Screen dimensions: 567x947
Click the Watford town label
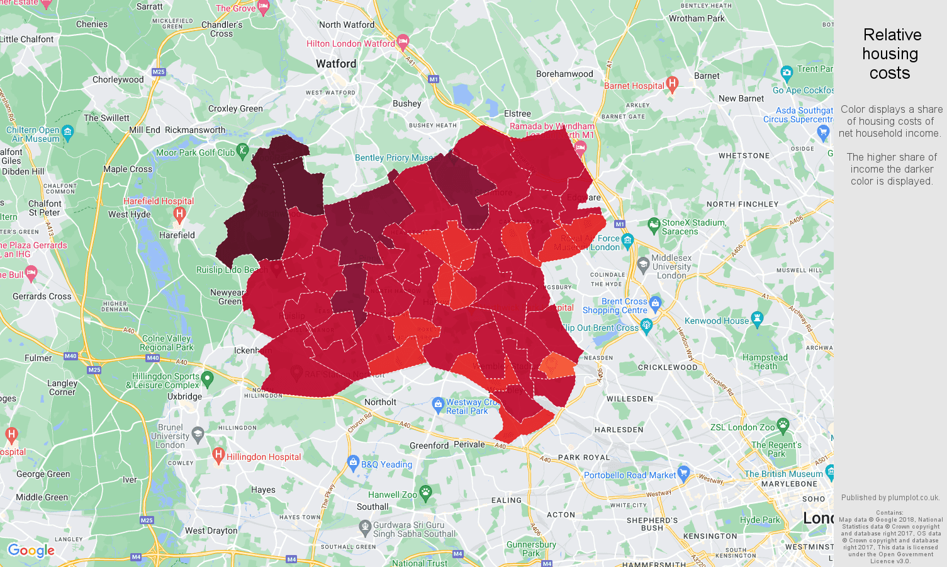(x=336, y=64)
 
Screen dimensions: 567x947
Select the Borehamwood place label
(x=564, y=74)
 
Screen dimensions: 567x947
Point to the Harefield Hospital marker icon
(x=179, y=214)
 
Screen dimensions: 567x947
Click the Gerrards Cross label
(x=42, y=296)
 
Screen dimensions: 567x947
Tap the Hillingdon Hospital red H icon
(x=218, y=454)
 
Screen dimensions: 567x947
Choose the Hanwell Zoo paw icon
(x=426, y=493)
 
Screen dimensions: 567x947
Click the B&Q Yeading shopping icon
(x=353, y=462)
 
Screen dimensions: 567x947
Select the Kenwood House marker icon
(x=757, y=319)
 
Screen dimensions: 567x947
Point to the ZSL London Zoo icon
(x=783, y=425)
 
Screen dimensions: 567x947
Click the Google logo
(x=31, y=550)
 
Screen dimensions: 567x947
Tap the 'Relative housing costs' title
(x=890, y=54)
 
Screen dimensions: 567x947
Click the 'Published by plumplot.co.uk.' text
(x=890, y=497)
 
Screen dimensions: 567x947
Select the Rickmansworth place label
(x=195, y=130)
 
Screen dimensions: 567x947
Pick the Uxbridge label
(x=184, y=396)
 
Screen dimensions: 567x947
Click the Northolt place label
(x=380, y=402)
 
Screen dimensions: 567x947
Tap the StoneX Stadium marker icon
(x=654, y=224)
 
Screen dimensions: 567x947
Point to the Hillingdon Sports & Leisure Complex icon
(x=208, y=378)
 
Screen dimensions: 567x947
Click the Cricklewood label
(x=668, y=367)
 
